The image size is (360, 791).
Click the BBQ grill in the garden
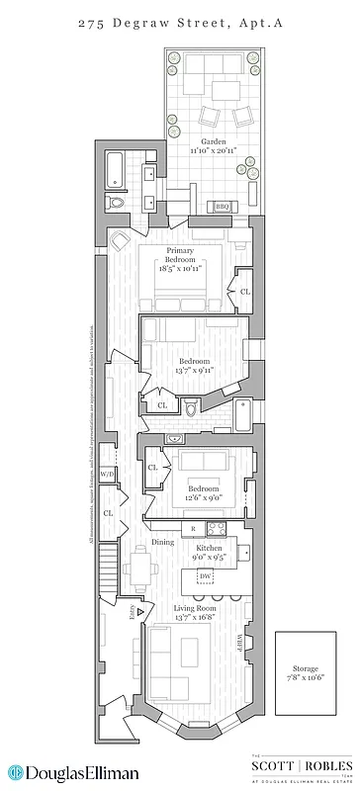coord(223,206)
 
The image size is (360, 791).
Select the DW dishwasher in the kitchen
coord(205,575)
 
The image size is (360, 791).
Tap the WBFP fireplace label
coord(239,648)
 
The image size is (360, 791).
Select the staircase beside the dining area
coord(106,574)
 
